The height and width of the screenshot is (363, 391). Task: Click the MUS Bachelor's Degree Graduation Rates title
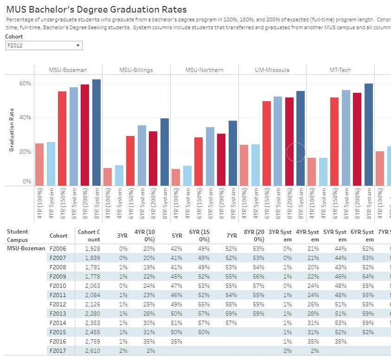tap(96, 9)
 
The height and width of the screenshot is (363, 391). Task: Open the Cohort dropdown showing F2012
tap(43, 45)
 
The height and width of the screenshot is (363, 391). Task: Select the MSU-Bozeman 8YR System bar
tap(96, 132)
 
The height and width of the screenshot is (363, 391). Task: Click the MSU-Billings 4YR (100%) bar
tap(108, 176)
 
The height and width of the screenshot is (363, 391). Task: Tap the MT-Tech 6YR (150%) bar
tap(334, 142)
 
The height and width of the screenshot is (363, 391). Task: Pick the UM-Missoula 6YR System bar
tap(278, 141)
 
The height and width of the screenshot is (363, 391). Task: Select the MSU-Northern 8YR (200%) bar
tap(221, 160)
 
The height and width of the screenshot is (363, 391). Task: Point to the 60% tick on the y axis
tap(25, 84)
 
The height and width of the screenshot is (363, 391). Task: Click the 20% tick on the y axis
tap(25, 152)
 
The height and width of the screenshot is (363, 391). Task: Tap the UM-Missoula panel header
tap(272, 70)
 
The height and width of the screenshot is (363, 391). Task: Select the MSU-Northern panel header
tap(204, 70)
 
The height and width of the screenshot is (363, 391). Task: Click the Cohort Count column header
tap(89, 235)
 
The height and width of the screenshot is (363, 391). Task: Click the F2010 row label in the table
tap(58, 286)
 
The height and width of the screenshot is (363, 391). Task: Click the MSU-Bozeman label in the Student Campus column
tap(26, 248)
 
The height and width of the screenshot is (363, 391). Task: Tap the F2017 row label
tap(58, 350)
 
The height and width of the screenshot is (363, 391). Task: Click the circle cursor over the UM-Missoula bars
tap(295, 152)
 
